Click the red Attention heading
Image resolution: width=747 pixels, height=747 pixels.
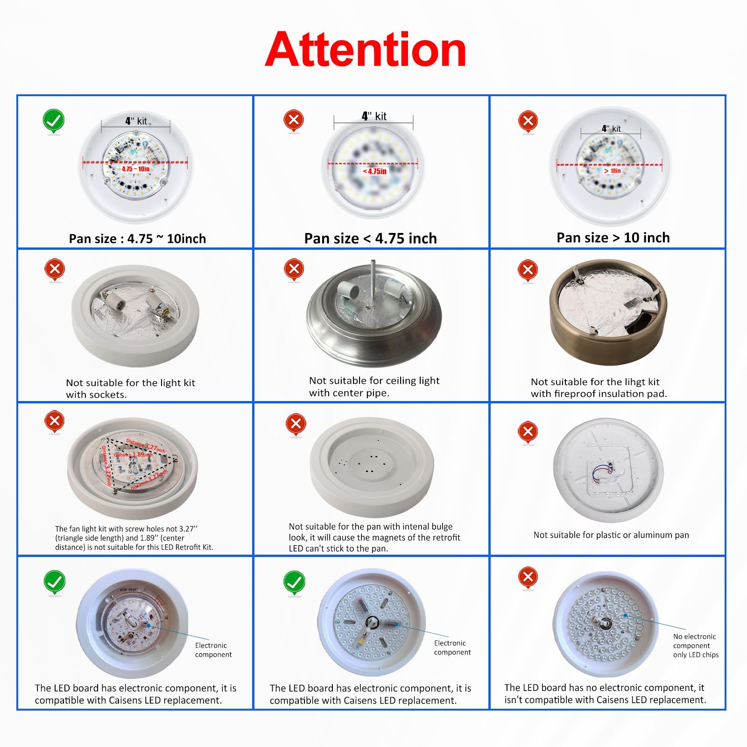point(366,50)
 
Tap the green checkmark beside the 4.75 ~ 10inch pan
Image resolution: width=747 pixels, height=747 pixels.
point(54,121)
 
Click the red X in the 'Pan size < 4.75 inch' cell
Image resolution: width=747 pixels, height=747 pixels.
point(294,120)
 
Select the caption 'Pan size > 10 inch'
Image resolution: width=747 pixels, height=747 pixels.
point(613,238)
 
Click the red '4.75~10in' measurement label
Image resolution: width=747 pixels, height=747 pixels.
point(135,169)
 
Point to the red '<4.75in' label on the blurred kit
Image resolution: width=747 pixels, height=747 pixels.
point(374,171)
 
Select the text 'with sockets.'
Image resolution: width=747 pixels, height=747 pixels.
point(96,395)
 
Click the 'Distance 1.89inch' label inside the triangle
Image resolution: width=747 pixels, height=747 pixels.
point(133,454)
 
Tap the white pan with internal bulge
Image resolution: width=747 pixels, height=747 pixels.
point(372,467)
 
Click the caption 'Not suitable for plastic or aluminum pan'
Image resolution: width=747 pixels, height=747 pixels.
point(611,535)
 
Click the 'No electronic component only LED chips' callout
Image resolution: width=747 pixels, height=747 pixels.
point(695,645)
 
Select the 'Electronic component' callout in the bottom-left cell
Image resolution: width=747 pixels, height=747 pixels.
point(213,650)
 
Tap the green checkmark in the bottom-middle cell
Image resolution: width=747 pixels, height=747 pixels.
point(294,582)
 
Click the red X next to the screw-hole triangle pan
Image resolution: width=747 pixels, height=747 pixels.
point(55,421)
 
